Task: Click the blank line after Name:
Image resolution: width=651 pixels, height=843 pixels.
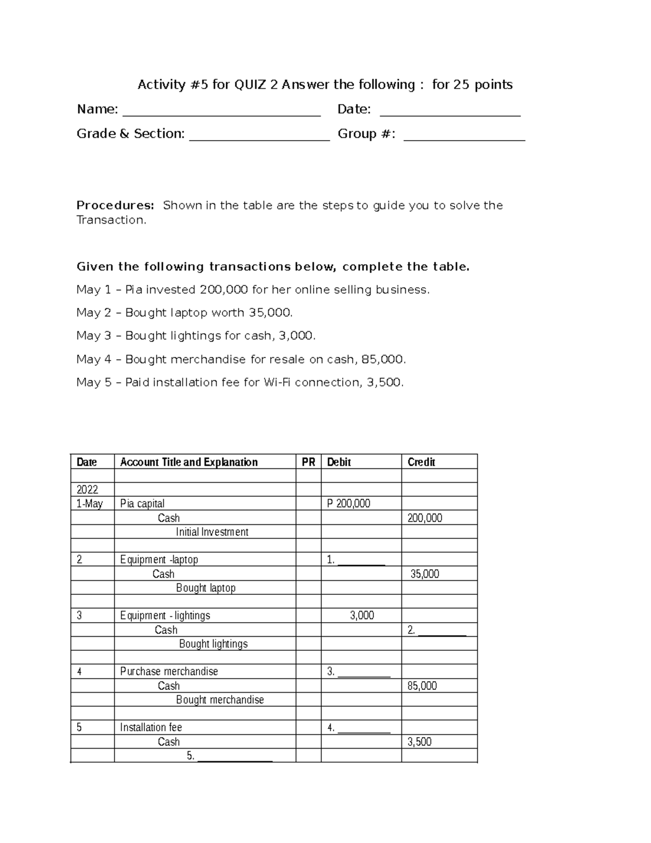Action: coord(222,114)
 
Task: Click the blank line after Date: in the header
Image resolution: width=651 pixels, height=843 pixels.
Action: coord(450,114)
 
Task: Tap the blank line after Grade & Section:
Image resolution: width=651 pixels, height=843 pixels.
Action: coord(259,138)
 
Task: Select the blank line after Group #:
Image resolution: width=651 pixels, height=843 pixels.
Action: coord(464,138)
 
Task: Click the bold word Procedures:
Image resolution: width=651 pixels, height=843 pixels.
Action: coord(115,205)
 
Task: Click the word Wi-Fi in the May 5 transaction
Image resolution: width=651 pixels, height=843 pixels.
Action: coord(277,383)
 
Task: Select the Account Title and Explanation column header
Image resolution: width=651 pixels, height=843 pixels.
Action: coord(189,462)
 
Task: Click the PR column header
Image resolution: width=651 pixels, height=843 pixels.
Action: coord(308,462)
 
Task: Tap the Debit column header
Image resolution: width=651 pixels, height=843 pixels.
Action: coord(339,462)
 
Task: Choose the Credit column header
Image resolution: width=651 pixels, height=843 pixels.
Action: coord(422,462)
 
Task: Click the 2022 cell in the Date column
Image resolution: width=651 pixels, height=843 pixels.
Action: coord(87,490)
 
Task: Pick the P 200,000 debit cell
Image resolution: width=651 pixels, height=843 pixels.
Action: coord(349,504)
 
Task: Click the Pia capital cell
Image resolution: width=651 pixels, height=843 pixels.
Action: coord(142,504)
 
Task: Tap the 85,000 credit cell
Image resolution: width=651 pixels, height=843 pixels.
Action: coord(422,686)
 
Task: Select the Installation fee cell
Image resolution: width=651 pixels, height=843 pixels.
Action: coord(151,727)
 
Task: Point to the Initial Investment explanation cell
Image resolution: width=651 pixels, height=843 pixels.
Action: coord(212,532)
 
